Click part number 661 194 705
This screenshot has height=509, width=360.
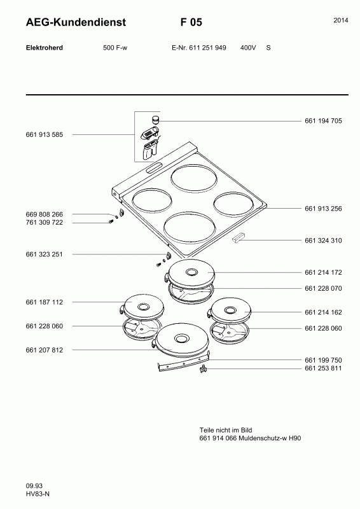[x=323, y=121]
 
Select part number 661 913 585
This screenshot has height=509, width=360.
[x=44, y=135]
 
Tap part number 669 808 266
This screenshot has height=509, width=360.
[x=44, y=214]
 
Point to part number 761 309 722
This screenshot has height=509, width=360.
[x=44, y=222]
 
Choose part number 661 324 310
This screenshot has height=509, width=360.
[x=323, y=241]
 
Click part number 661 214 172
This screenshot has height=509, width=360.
[x=323, y=272]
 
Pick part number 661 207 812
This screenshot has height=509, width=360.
[x=44, y=350]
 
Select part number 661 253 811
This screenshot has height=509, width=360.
[x=323, y=368]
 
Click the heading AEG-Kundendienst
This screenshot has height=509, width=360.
[x=76, y=22]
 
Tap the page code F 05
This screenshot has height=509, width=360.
[x=191, y=22]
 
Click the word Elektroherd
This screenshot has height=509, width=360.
[x=44, y=48]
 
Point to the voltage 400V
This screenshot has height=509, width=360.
[x=248, y=48]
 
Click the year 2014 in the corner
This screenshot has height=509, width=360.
[x=341, y=20]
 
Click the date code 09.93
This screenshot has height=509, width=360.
[x=34, y=486]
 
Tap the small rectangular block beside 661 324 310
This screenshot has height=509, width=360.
[x=239, y=237]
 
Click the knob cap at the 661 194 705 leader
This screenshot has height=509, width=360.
[x=156, y=119]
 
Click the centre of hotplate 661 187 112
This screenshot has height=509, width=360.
[x=142, y=307]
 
